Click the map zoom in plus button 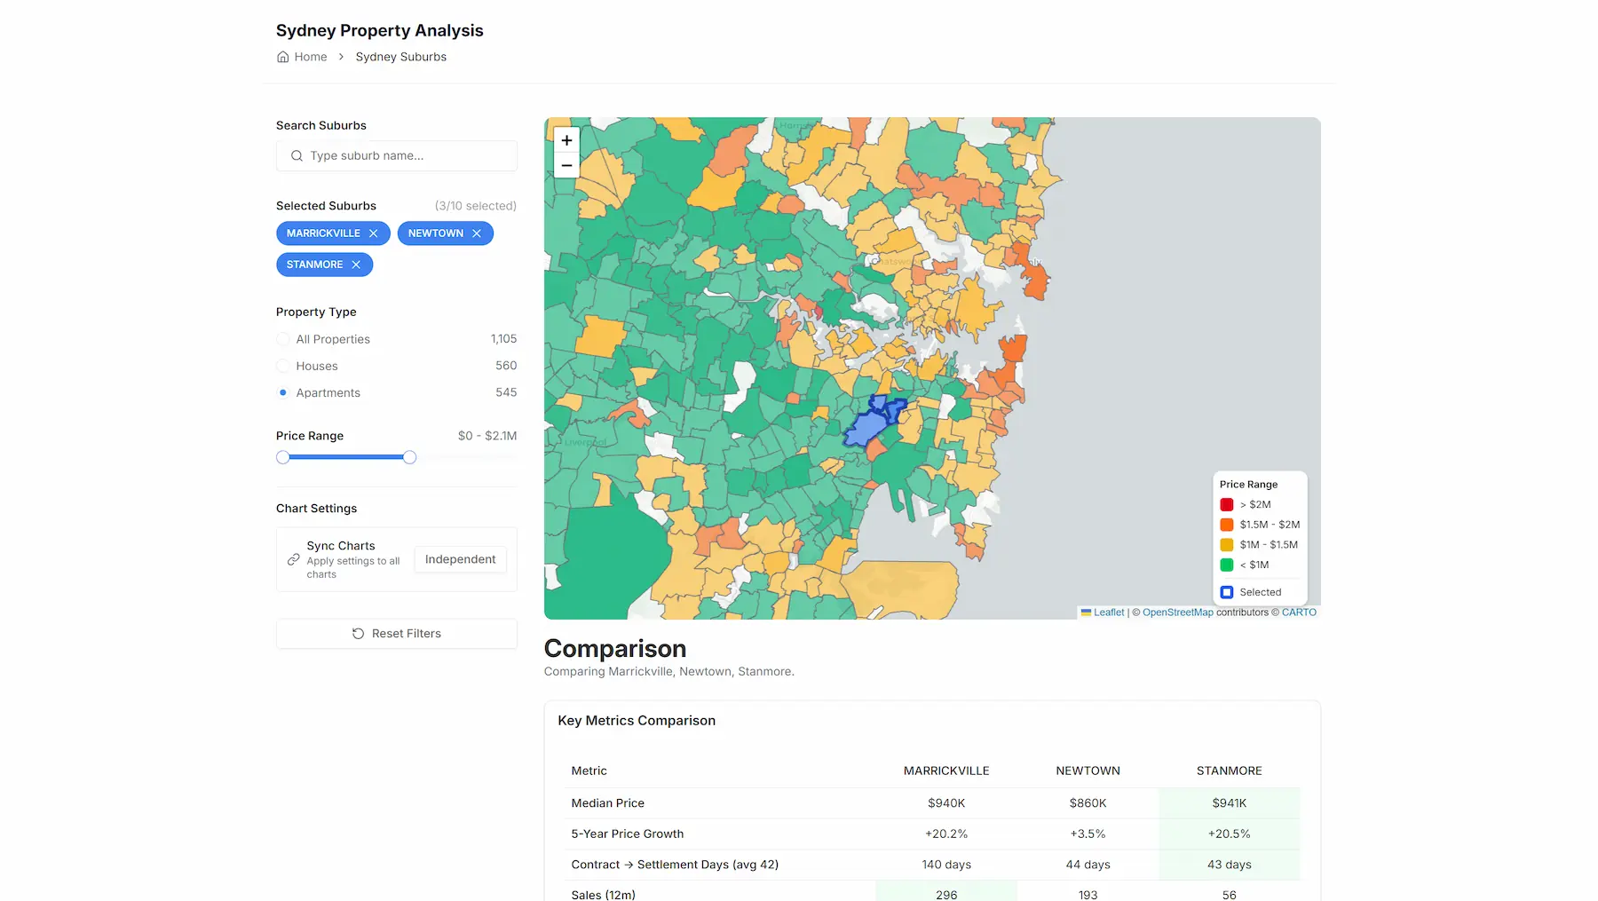566,140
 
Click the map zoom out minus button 566,165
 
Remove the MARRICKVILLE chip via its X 374,233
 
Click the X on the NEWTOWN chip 477,233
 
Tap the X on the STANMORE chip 356,265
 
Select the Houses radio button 283,366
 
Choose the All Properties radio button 283,339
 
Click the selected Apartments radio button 283,392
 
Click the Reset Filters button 397,634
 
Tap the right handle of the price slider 409,457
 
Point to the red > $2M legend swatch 1227,504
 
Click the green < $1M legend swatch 1227,565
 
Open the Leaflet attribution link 1108,613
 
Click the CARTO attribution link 1299,613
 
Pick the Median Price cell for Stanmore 1229,803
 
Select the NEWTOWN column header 1088,771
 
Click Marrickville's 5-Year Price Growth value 946,834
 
